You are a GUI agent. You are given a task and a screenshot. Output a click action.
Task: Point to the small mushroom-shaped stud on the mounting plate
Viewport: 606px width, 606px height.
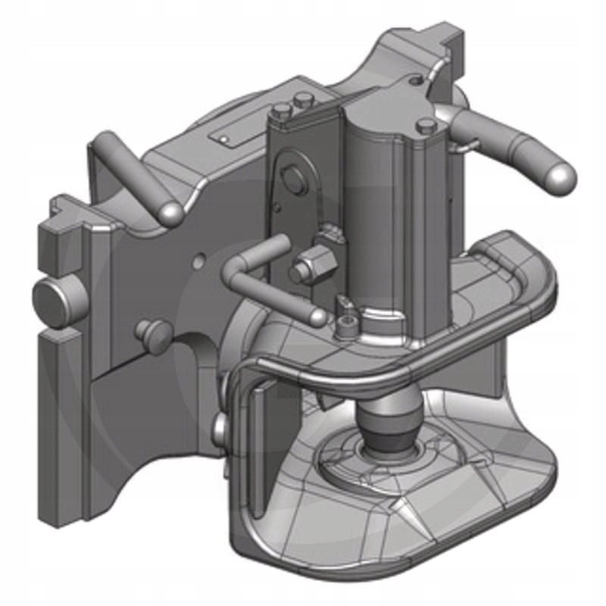(x=148, y=333)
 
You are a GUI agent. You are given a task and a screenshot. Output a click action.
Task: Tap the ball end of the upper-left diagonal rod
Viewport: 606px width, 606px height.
(x=169, y=213)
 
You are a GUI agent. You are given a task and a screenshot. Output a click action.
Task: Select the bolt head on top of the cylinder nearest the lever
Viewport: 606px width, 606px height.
(x=426, y=125)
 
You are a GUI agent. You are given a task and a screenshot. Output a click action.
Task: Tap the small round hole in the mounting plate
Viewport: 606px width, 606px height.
(x=198, y=261)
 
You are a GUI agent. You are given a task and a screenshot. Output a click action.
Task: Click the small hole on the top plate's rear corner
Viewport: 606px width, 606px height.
(x=414, y=80)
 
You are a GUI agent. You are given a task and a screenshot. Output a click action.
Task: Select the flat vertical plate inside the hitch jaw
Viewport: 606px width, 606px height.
(x=267, y=439)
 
